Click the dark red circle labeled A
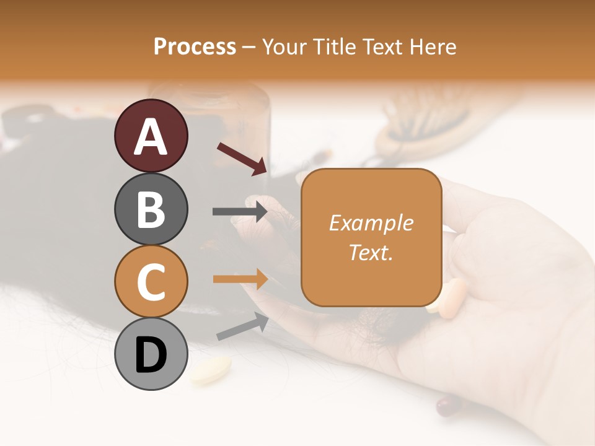(151, 136)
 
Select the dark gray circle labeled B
(151, 209)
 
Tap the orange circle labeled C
(151, 282)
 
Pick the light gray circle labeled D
(151, 354)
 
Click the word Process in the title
(195, 47)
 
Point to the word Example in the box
(371, 223)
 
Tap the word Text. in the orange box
(371, 253)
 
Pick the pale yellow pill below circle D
(211, 370)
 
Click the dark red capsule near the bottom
(447, 406)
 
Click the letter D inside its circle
(151, 355)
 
